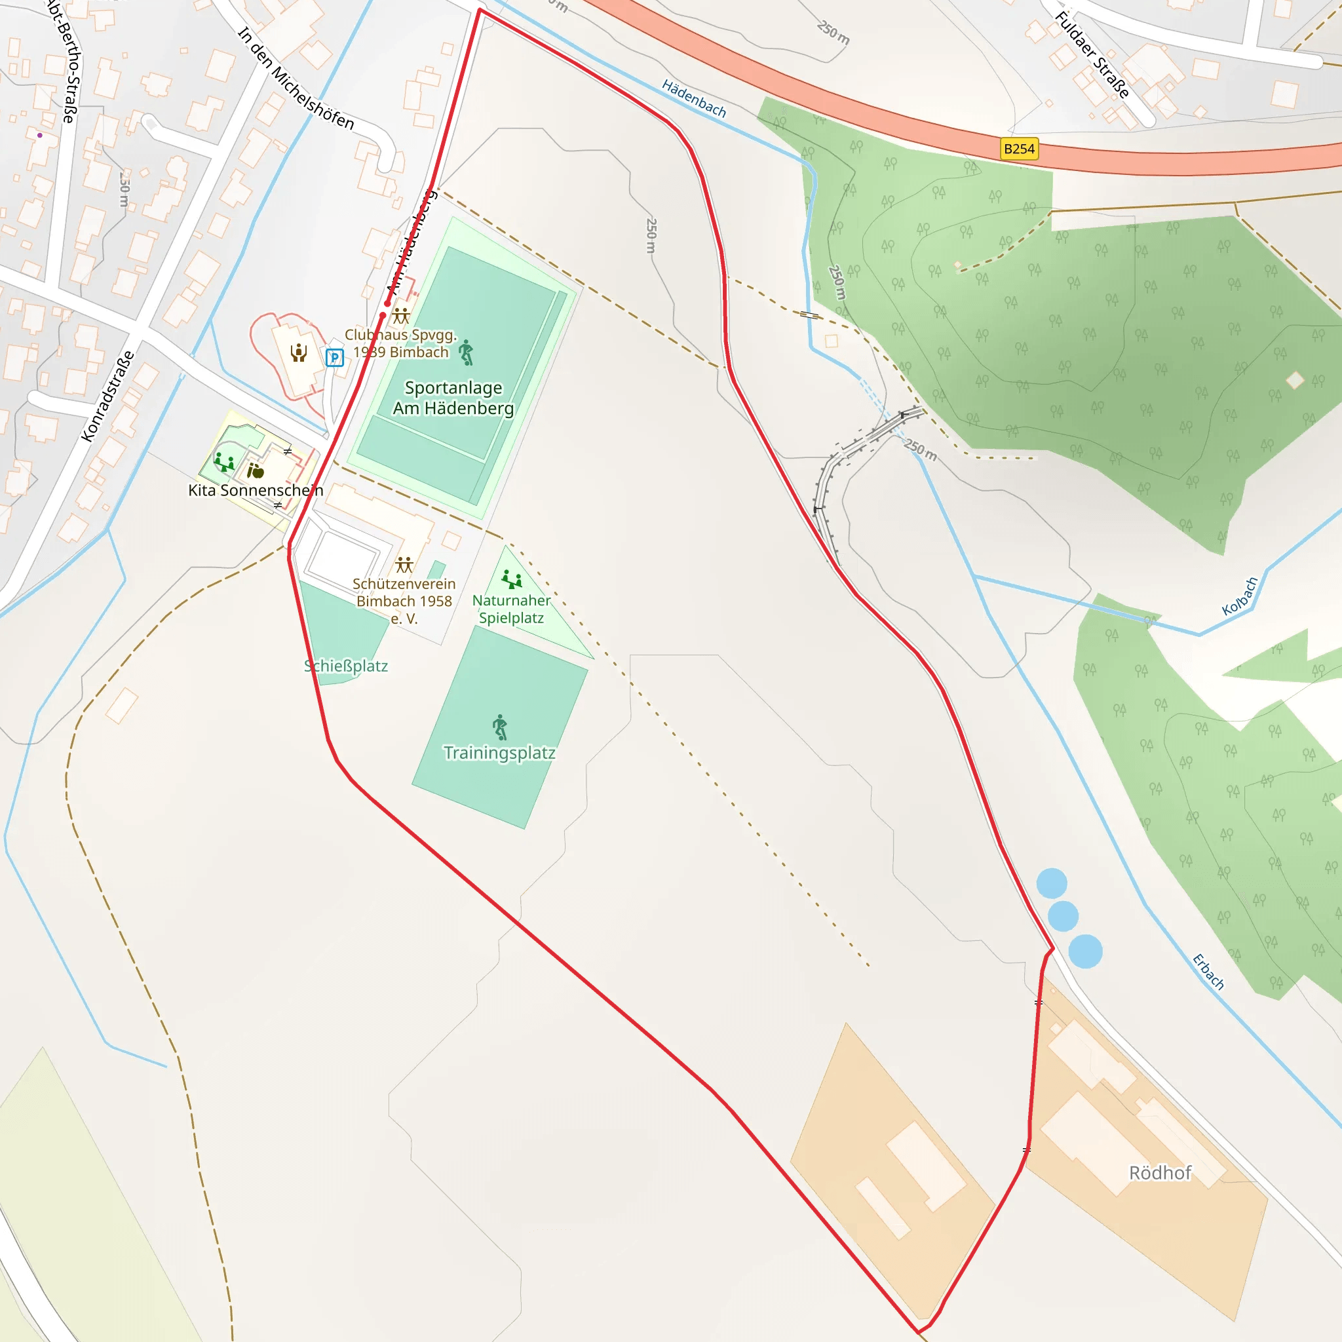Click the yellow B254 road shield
1019,149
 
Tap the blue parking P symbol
335,358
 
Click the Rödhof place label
1160,1173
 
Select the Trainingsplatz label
499,753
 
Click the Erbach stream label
1208,971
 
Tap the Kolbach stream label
1240,596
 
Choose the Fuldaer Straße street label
1092,56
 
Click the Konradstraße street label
107,396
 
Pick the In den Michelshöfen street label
296,79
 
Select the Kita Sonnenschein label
256,490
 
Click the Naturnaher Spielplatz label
511,609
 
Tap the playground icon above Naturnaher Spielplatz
512,579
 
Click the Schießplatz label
346,666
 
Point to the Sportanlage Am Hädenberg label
453,398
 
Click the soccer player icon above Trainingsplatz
500,727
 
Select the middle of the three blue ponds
1063,916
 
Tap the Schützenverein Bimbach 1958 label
404,601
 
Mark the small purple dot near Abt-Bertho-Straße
39,136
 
